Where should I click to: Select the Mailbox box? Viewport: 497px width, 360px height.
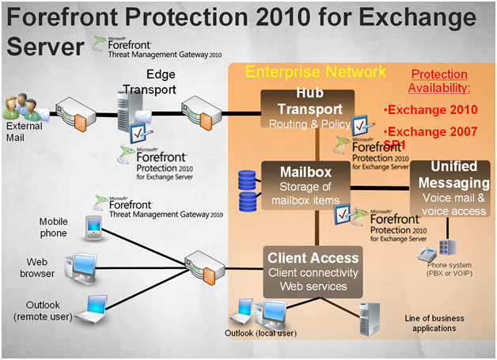pyautogui.click(x=305, y=183)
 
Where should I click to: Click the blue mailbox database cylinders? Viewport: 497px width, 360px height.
pyautogui.click(x=249, y=189)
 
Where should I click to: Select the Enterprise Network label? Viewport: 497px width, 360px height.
pyautogui.click(x=316, y=73)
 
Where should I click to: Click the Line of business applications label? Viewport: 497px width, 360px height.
pyautogui.click(x=430, y=322)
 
